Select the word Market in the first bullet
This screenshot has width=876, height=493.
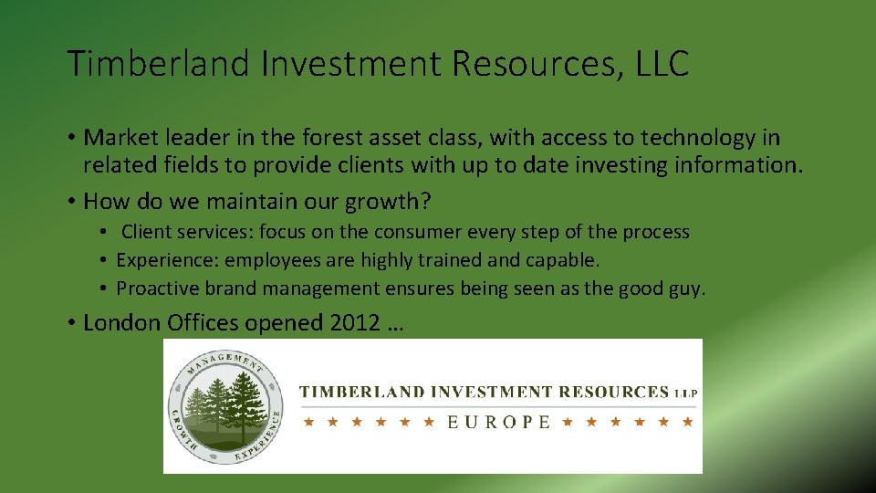117,138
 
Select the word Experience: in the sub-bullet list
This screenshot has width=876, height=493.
168,260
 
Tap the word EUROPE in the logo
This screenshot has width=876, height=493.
498,422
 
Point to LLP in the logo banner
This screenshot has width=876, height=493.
685,393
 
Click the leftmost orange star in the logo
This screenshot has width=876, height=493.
308,422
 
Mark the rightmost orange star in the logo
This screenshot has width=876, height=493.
688,422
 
